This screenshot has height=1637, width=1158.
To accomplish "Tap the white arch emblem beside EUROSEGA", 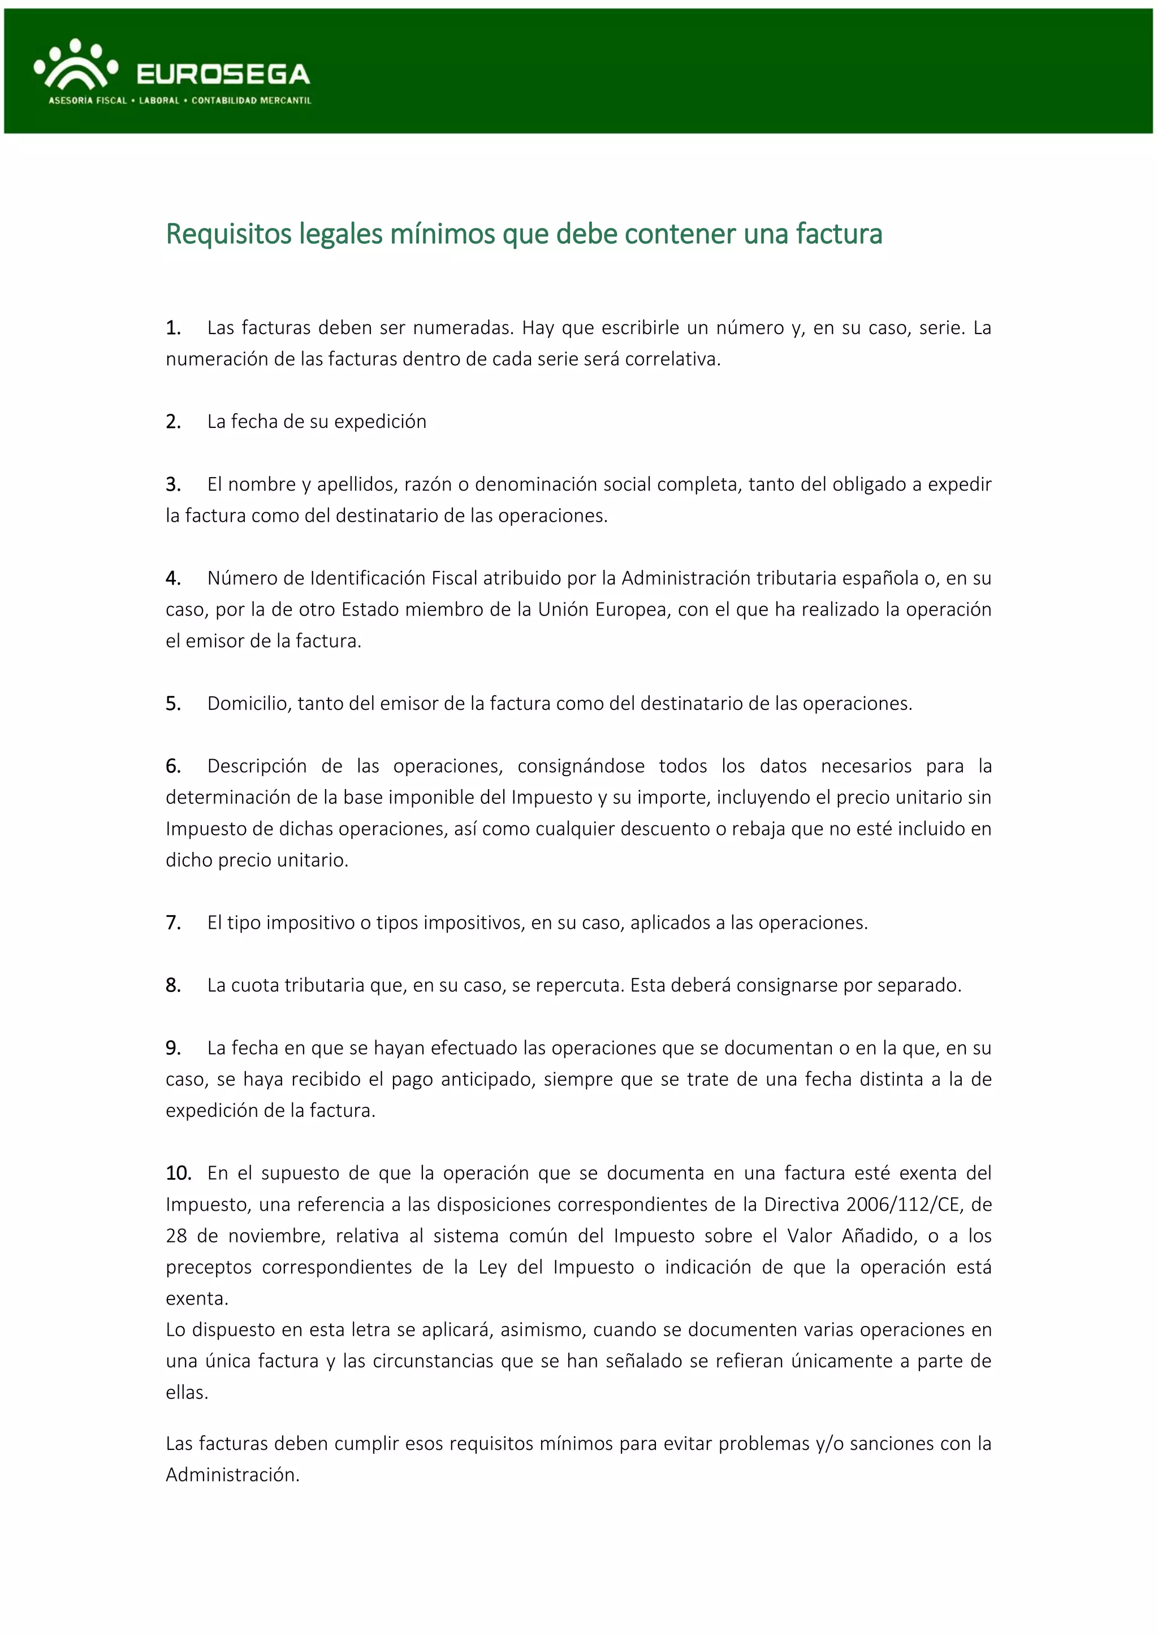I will pyautogui.click(x=76, y=68).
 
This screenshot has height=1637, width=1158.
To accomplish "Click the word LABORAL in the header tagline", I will pyautogui.click(x=159, y=101).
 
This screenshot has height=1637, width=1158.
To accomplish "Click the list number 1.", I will pyautogui.click(x=172, y=328).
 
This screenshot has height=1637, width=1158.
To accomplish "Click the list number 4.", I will pyautogui.click(x=172, y=578).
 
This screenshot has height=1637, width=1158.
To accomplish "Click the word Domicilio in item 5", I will pyautogui.click(x=249, y=704).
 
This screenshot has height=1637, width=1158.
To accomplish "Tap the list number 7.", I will pyautogui.click(x=172, y=923).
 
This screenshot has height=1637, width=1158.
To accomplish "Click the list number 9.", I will pyautogui.click(x=172, y=1048).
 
